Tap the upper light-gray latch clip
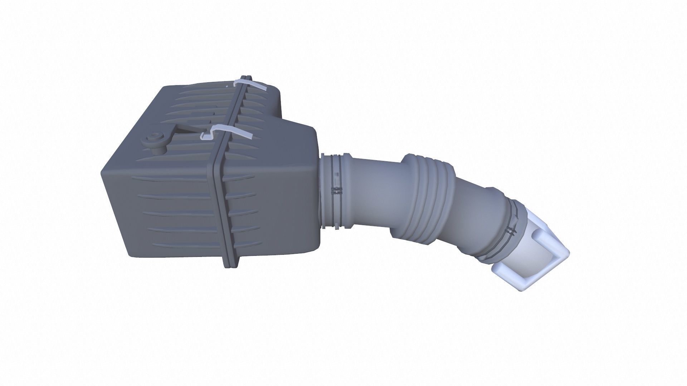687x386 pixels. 250,84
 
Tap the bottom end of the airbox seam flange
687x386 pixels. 231,264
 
